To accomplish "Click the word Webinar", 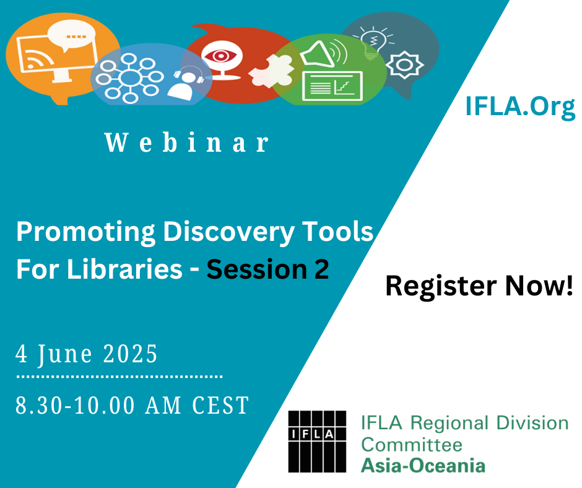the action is [x=187, y=142].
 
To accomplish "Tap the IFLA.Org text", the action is [x=520, y=107].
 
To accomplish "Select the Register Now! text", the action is [x=479, y=286].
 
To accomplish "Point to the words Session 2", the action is [x=267, y=269].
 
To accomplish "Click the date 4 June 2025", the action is [x=87, y=354].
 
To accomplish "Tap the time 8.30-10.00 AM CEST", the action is [x=132, y=405].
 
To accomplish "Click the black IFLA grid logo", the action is [x=317, y=441].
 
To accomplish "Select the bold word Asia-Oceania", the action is [x=423, y=466].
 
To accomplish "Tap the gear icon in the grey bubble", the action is [x=404, y=66].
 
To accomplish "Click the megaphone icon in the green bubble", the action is [x=323, y=54].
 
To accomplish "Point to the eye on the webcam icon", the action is [x=220, y=56].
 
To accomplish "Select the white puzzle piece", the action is [x=271, y=71].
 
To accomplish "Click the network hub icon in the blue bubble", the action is [x=129, y=78].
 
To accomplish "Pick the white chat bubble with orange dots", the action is [x=71, y=35].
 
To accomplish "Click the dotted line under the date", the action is [x=119, y=377].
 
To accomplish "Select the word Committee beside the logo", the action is [x=412, y=445].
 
